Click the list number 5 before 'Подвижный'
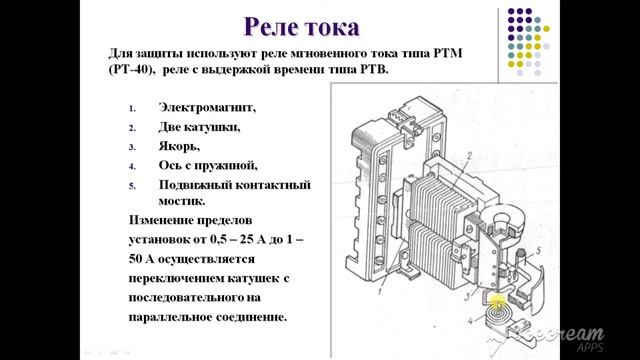coord(131,186)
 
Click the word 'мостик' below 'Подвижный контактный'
coord(181,200)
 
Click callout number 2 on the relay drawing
coord(465,151)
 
